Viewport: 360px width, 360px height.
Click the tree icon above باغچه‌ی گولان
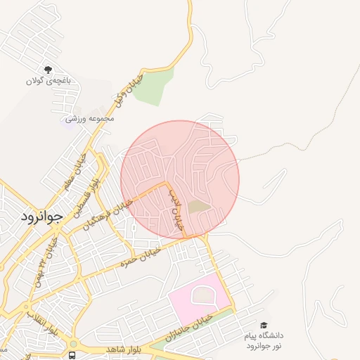48,70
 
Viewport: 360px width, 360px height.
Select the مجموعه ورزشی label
85,120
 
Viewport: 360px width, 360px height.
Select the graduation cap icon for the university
263,326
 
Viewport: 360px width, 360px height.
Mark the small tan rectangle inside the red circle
200,206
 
